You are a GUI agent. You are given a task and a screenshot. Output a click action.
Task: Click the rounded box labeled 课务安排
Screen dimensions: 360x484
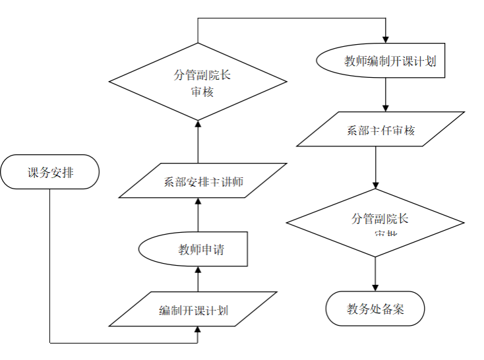[x=50, y=173]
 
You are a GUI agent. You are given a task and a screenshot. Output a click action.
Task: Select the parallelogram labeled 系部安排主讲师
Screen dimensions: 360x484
[x=203, y=181]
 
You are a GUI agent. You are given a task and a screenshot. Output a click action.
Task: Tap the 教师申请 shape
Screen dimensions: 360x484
[x=194, y=250]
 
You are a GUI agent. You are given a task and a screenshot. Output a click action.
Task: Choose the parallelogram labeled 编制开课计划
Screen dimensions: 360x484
[x=193, y=310]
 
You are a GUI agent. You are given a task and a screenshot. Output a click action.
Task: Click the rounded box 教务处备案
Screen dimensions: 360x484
[x=375, y=309]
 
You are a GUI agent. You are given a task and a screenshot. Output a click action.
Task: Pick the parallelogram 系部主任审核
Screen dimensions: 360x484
[x=380, y=130]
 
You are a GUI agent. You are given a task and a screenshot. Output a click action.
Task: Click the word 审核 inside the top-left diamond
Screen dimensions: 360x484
[x=202, y=92]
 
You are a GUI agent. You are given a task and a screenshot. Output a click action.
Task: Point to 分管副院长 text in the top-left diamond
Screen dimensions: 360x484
[x=202, y=75]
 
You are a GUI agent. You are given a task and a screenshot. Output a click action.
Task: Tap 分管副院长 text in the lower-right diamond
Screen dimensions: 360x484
[x=380, y=219]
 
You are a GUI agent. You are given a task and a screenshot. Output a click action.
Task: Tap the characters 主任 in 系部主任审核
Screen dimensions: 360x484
[x=380, y=131]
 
